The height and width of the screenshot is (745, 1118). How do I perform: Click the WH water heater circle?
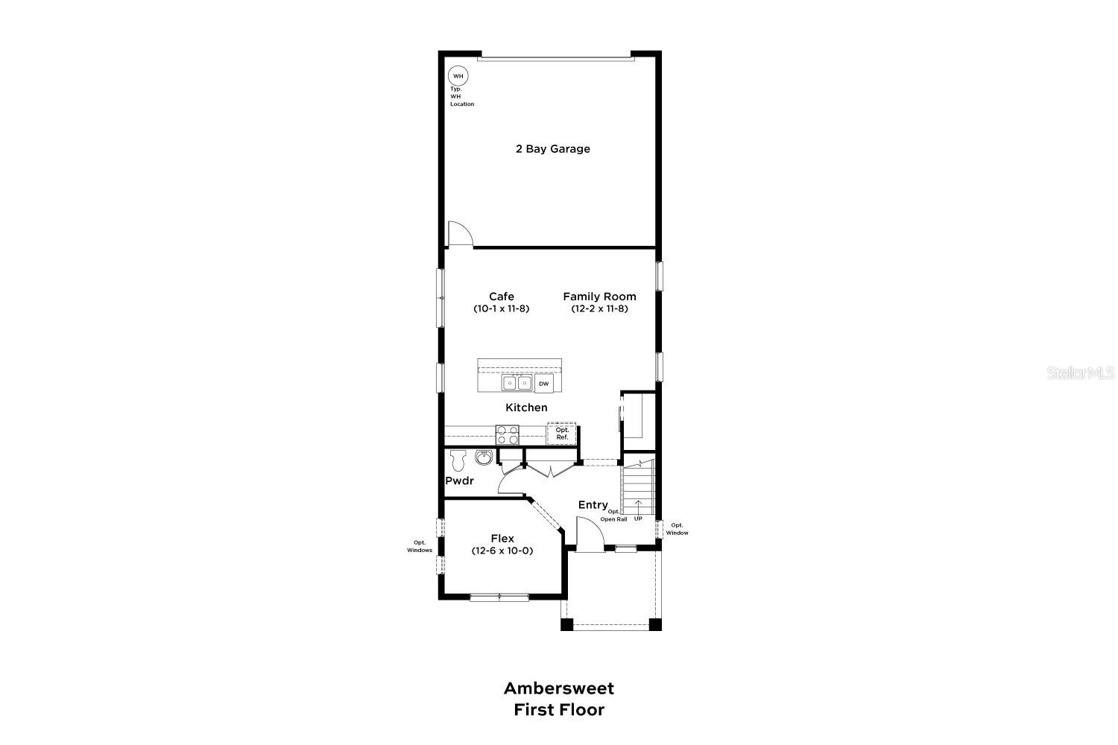pyautogui.click(x=458, y=76)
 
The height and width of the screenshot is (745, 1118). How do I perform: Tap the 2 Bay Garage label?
pyautogui.click(x=553, y=149)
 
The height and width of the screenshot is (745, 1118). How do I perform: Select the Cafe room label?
pyautogui.click(x=502, y=297)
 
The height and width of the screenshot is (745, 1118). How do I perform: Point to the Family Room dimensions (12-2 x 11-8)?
pyautogui.click(x=600, y=308)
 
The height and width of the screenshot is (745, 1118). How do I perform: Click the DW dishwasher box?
pyautogui.click(x=544, y=384)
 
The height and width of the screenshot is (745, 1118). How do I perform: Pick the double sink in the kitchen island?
pyautogui.click(x=517, y=383)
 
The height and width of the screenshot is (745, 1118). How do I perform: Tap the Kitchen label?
pyautogui.click(x=526, y=408)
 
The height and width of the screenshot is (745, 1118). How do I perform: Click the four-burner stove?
pyautogui.click(x=508, y=434)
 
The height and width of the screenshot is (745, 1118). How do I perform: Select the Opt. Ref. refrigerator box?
pyautogui.click(x=562, y=433)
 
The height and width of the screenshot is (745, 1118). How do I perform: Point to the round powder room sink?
pyautogui.click(x=484, y=457)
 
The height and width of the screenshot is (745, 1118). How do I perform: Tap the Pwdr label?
pyautogui.click(x=460, y=481)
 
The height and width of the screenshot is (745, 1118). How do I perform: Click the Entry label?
pyautogui.click(x=593, y=505)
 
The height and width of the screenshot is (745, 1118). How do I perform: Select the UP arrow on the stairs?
pyautogui.click(x=638, y=509)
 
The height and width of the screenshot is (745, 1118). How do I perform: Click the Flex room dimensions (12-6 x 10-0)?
pyautogui.click(x=502, y=551)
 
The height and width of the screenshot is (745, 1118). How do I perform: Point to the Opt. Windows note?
pyautogui.click(x=420, y=546)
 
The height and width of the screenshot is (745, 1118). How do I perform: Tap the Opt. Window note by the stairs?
pyautogui.click(x=677, y=529)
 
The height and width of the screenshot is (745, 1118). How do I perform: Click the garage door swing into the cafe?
pyautogui.click(x=459, y=234)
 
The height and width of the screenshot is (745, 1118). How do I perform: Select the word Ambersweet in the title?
pyautogui.click(x=559, y=688)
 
